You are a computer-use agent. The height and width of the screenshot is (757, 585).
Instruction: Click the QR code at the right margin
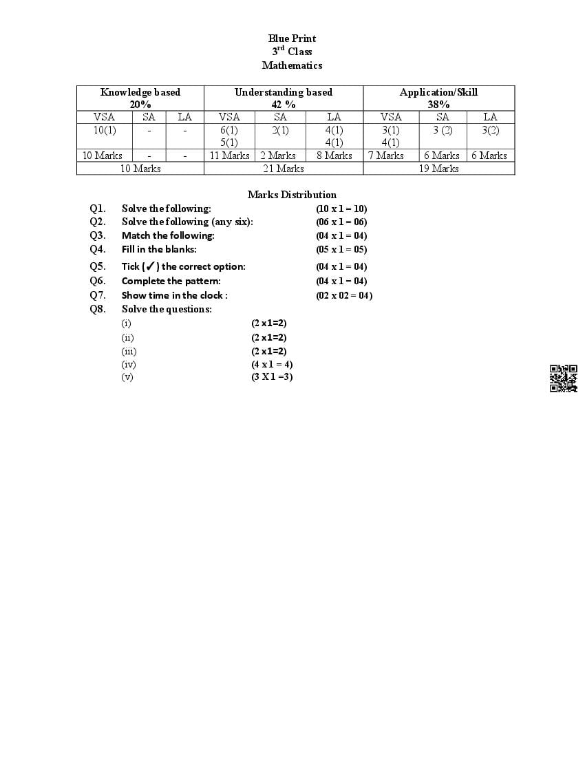tap(563, 378)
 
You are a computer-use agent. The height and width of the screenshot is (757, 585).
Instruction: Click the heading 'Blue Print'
tap(292, 39)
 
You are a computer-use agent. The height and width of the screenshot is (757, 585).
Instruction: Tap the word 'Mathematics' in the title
tap(292, 65)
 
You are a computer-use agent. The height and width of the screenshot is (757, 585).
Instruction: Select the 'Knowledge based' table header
tap(140, 92)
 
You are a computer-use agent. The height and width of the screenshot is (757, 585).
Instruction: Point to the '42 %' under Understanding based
tap(284, 105)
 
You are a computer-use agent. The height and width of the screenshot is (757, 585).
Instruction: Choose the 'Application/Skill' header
tap(438, 92)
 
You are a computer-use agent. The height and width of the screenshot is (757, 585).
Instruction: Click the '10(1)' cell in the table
tap(105, 130)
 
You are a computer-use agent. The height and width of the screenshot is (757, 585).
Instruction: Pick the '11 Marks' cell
tap(230, 156)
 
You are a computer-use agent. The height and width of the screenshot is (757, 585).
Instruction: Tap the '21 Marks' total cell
tap(284, 169)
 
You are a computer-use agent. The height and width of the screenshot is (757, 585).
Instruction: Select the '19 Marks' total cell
tap(438, 169)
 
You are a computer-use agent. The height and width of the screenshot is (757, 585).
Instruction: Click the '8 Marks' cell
tap(334, 156)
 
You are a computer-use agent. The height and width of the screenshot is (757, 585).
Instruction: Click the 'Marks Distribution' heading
tap(292, 195)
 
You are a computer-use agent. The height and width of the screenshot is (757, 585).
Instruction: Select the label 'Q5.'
tap(98, 266)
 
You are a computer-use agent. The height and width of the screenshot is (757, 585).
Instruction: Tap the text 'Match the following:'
tap(168, 235)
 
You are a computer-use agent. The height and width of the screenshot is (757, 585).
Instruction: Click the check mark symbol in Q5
tap(151, 266)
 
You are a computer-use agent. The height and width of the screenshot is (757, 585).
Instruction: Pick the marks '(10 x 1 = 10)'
tap(341, 209)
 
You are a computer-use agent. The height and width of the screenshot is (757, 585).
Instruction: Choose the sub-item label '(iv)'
tap(129, 364)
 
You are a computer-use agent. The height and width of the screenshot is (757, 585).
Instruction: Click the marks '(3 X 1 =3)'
tap(272, 376)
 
